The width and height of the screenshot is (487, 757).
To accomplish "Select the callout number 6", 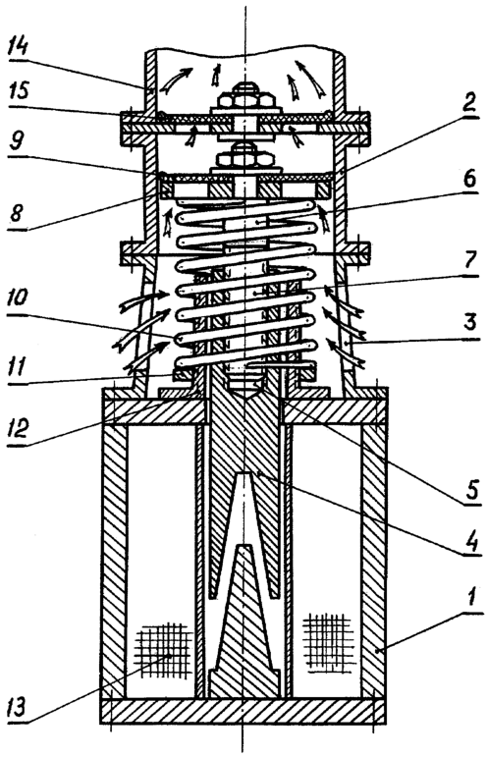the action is tap(468, 178).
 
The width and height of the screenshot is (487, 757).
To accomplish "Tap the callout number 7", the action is tap(469, 261).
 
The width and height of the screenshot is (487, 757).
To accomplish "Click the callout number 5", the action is tap(471, 489).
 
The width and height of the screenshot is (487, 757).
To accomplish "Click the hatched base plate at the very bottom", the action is tap(243, 711).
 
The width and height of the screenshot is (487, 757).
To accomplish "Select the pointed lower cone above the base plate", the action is tap(244, 622).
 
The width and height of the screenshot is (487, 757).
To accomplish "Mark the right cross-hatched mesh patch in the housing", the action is tap(327, 640).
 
